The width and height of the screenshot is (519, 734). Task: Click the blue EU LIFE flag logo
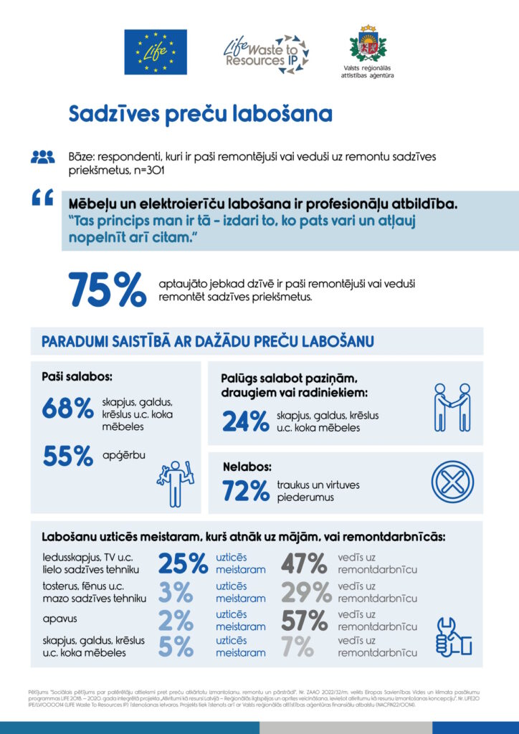click(x=156, y=52)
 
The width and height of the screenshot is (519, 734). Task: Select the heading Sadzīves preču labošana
click(x=200, y=114)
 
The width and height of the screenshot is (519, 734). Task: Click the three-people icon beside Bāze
click(x=42, y=156)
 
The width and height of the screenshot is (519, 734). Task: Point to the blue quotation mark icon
click(x=42, y=199)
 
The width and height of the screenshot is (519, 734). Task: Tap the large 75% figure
click(x=107, y=290)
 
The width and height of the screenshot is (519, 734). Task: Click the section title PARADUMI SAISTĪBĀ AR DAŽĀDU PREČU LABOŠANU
click(x=207, y=340)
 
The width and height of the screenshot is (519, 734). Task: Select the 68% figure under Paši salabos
click(x=67, y=408)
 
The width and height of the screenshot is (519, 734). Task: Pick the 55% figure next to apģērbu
click(x=67, y=455)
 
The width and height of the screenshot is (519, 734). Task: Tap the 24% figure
click(x=245, y=421)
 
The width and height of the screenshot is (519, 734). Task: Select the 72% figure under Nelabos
click(x=245, y=491)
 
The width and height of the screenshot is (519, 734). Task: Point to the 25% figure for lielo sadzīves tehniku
click(x=183, y=563)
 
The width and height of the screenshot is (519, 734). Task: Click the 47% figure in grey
click(x=304, y=563)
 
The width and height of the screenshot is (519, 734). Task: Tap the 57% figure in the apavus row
click(x=304, y=620)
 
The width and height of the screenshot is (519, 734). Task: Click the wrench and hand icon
click(x=452, y=633)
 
